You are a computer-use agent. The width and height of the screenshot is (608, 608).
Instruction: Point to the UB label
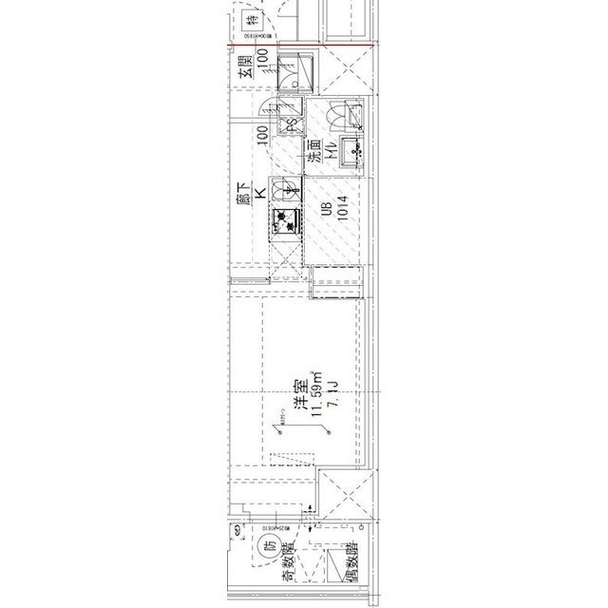[326, 210]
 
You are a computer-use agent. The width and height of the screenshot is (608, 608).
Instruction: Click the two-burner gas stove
[285, 222]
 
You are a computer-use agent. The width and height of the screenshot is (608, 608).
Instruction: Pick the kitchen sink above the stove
[285, 191]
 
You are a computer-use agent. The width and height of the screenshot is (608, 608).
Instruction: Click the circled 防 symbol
[269, 546]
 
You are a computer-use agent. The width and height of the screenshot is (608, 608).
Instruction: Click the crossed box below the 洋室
[344, 494]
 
